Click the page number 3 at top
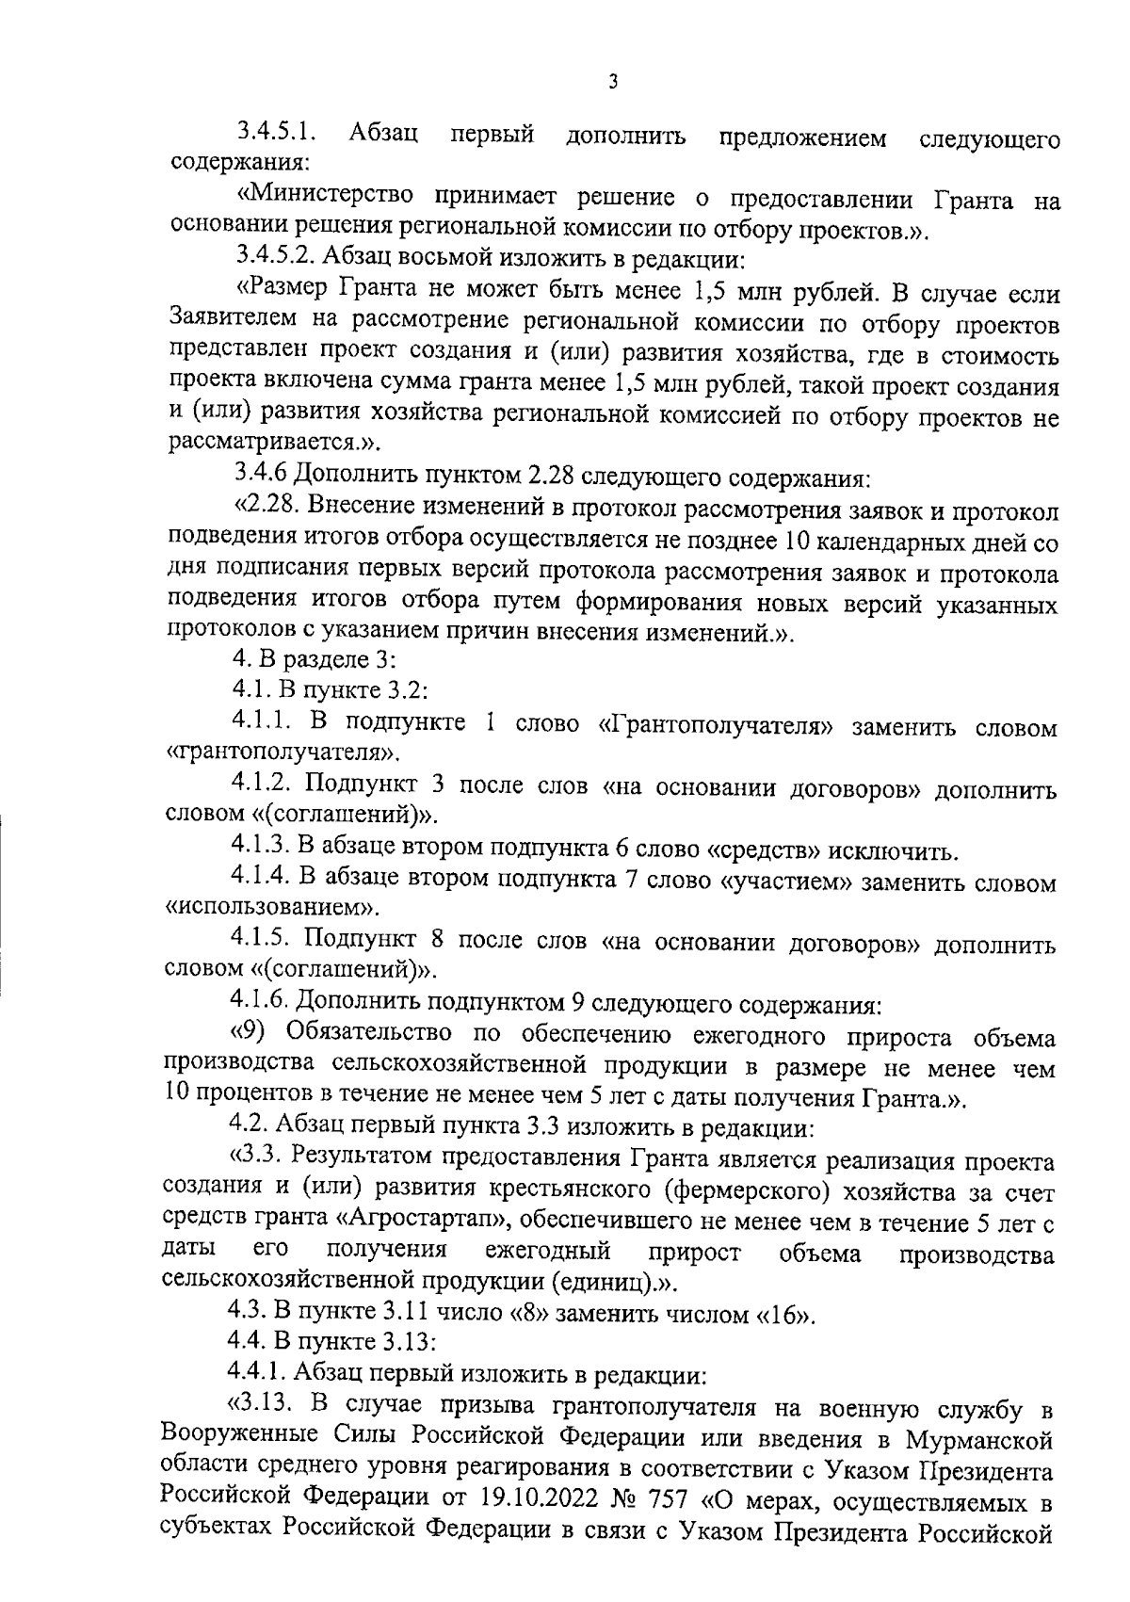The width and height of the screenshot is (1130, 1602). tap(612, 82)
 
